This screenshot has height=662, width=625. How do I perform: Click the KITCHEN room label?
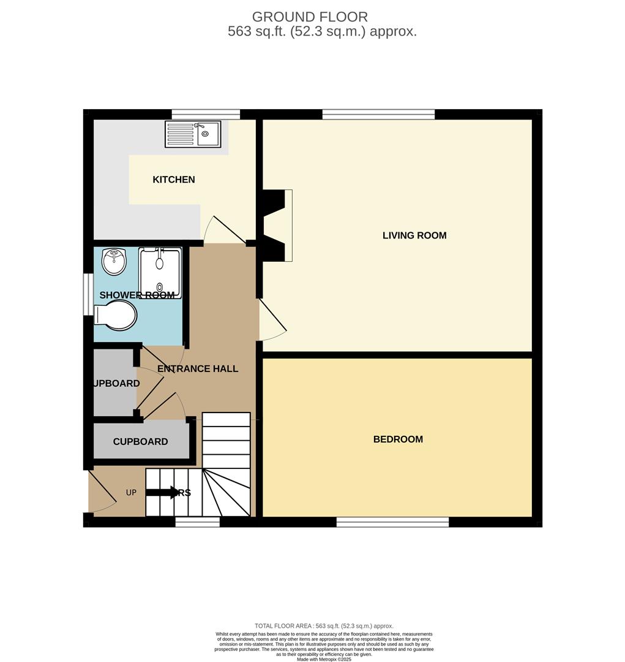point(174,180)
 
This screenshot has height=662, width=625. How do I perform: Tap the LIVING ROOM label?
point(414,235)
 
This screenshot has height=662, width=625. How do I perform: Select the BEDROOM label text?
point(398,439)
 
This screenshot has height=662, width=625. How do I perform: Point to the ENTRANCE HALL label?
point(198,368)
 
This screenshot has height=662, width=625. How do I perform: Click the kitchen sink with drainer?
point(193,134)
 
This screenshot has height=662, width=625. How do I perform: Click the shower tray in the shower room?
point(160,272)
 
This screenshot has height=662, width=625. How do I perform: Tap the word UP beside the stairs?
point(132,493)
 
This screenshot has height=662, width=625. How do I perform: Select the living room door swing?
point(272,319)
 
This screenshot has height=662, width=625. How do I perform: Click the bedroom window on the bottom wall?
point(392,522)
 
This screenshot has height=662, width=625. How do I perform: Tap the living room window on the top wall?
point(378,114)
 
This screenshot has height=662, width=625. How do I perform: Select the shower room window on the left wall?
point(88,294)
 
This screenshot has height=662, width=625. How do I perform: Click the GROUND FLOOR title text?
point(310,17)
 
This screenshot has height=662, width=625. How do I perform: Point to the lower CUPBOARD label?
point(140,441)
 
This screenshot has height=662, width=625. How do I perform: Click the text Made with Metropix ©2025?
point(324,659)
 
